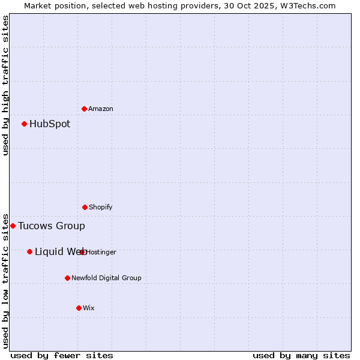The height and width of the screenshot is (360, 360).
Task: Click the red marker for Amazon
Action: tap(85, 109)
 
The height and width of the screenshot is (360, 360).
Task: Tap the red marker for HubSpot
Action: tap(25, 124)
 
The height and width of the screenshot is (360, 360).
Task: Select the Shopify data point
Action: tap(85, 207)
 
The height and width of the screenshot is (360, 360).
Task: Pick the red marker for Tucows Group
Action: tap(13, 226)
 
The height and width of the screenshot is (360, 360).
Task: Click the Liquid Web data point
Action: tap(30, 251)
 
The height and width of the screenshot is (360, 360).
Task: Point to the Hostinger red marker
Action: tap(82, 252)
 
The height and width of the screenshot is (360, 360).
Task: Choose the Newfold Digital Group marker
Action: tap(68, 278)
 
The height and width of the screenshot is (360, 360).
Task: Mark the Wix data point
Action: tap(79, 308)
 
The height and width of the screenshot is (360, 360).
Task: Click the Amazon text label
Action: tap(101, 109)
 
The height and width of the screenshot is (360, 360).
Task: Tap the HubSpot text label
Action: tap(50, 124)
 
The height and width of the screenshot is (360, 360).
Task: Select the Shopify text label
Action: tap(101, 208)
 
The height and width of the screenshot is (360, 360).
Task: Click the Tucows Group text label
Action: tap(52, 226)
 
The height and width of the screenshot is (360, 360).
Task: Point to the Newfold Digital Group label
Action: tap(106, 278)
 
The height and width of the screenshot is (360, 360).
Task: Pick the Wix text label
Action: tap(89, 308)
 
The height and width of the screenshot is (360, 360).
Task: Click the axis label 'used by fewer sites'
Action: tap(62, 355)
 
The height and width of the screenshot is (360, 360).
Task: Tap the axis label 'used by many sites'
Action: tap(301, 355)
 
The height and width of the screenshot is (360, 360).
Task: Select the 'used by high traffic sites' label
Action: tap(6, 85)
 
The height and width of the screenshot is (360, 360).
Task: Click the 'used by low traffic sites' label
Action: tap(6, 280)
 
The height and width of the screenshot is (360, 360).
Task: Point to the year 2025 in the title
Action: tap(266, 5)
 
